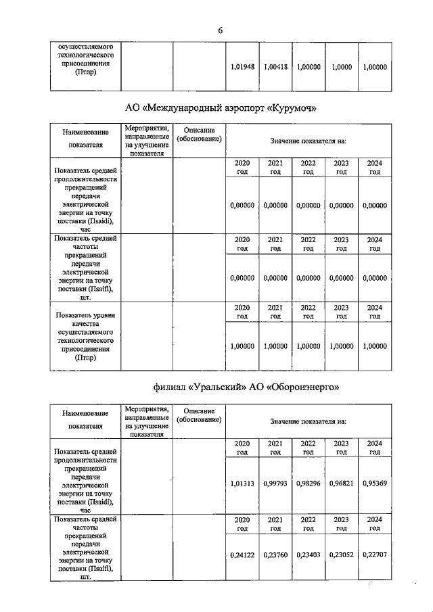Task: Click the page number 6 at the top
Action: [x=220, y=30]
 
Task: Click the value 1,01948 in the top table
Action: [x=242, y=68]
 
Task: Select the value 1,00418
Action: [x=275, y=68]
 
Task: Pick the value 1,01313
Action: [x=242, y=484]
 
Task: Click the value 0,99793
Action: [x=275, y=484]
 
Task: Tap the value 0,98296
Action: [x=309, y=484]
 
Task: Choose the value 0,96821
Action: [x=342, y=484]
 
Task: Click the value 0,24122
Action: [x=242, y=554]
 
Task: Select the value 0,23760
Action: [x=275, y=554]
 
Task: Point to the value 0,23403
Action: [x=309, y=554]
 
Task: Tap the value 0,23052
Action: [x=342, y=554]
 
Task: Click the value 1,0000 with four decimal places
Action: [x=342, y=68]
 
